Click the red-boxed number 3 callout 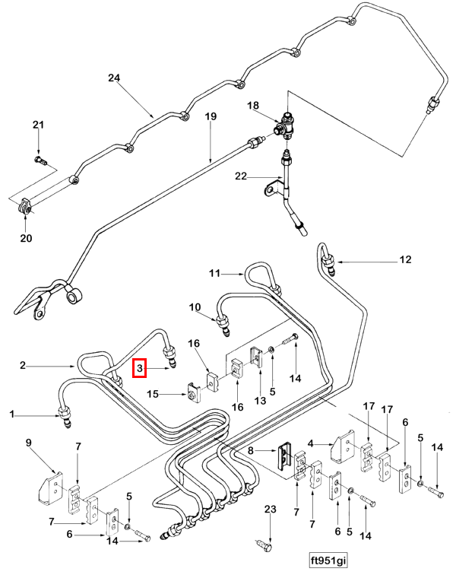[x=140, y=368]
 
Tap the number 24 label [x=114, y=78]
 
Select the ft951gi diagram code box [x=328, y=561]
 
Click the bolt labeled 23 [x=264, y=545]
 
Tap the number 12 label [x=405, y=259]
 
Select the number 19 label [x=211, y=116]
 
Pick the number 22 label [x=241, y=176]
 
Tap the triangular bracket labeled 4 [x=343, y=447]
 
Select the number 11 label [x=214, y=274]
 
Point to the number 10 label [x=195, y=307]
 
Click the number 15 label [x=153, y=394]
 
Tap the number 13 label [x=260, y=400]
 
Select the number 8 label [x=251, y=450]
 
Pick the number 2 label [x=23, y=365]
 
